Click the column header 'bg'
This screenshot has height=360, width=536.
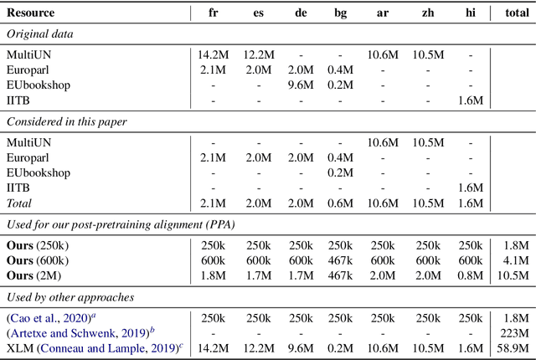point(338,13)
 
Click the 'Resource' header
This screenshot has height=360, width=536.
point(32,13)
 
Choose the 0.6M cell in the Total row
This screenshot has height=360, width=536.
point(338,203)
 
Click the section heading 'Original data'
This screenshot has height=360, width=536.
point(40,33)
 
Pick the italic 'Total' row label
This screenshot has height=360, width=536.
point(23,203)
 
